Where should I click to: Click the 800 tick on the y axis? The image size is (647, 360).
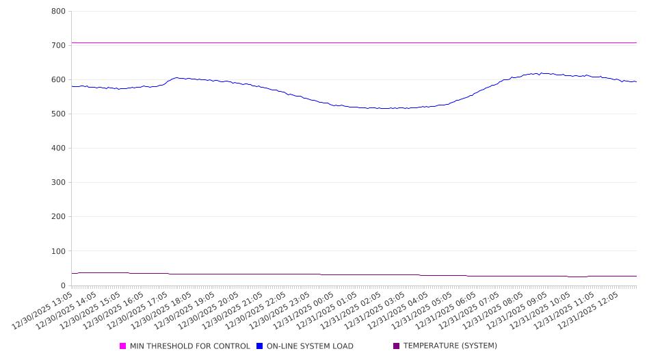pyautogui.click(x=58, y=12)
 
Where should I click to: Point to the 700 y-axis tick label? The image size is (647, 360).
pyautogui.click(x=58, y=46)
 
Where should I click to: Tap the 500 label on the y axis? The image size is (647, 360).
pyautogui.click(x=58, y=114)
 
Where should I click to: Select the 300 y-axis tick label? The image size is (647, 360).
pyautogui.click(x=58, y=183)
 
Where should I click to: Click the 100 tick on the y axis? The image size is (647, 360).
pyautogui.click(x=58, y=251)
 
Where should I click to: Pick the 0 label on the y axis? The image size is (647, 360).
pyautogui.click(x=62, y=285)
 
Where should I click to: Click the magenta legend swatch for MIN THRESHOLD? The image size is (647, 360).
pyautogui.click(x=123, y=346)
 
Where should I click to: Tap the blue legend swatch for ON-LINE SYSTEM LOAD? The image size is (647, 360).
pyautogui.click(x=260, y=346)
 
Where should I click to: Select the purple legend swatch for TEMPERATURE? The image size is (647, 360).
pyautogui.click(x=397, y=346)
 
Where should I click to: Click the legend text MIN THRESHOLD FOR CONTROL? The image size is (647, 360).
pyautogui.click(x=189, y=346)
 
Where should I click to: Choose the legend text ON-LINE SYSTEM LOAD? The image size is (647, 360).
pyautogui.click(x=310, y=346)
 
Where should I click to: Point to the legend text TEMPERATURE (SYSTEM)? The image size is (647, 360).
pyautogui.click(x=450, y=346)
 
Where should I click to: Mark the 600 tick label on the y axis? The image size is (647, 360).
pyautogui.click(x=58, y=80)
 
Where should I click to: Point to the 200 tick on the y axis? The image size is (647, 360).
pyautogui.click(x=58, y=217)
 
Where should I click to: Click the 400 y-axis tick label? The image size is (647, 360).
pyautogui.click(x=58, y=149)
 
